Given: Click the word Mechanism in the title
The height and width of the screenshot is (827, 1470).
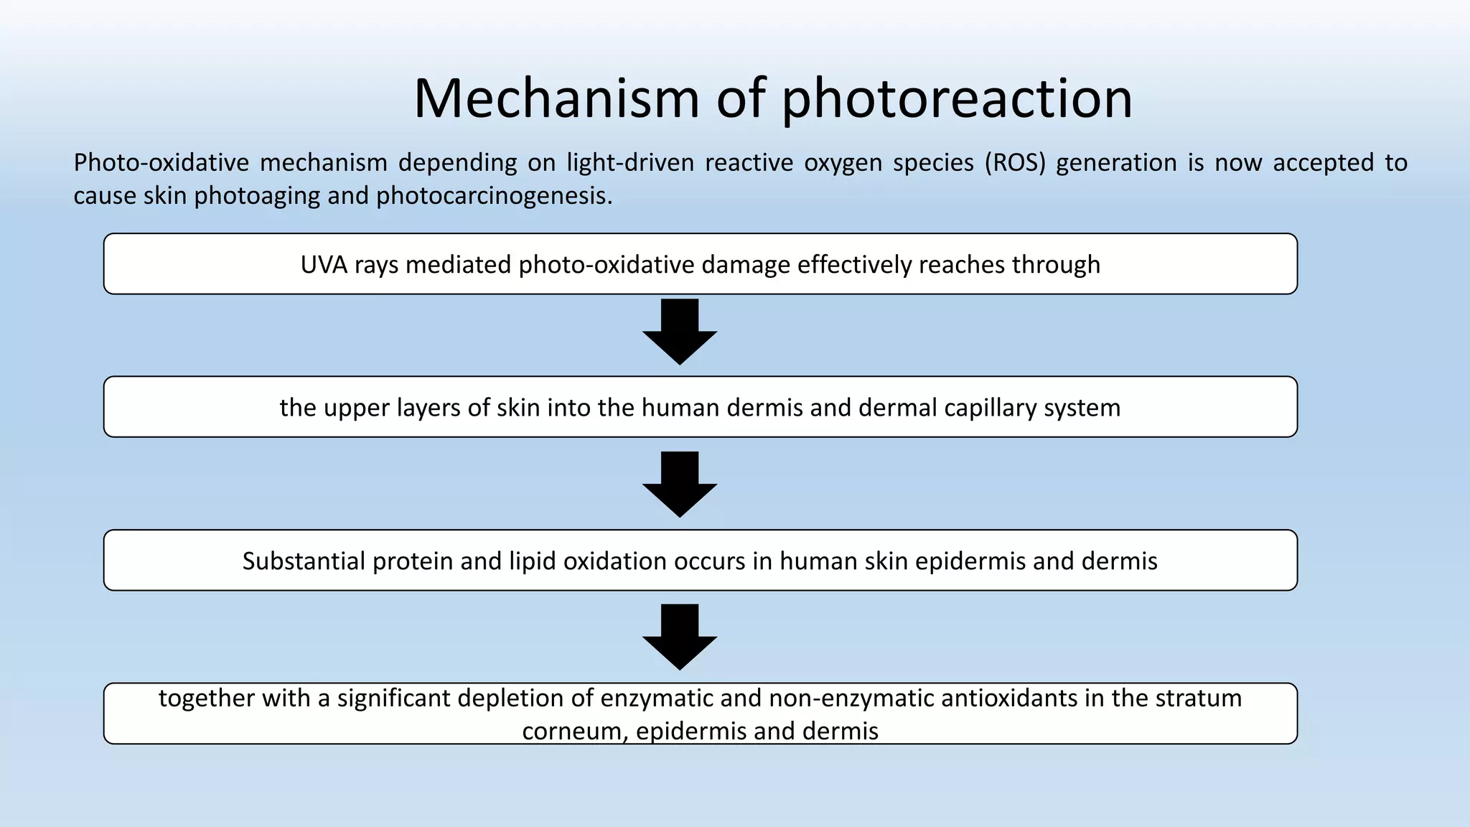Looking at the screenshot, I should coord(556,98).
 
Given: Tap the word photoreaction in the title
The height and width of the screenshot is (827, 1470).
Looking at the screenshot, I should coord(957,100).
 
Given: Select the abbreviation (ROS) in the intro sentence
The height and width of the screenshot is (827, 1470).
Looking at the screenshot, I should coord(1016,163).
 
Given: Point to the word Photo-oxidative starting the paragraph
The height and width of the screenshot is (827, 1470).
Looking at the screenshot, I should coord(161,163).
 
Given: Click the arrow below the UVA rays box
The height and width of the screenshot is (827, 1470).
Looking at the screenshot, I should coord(679,332).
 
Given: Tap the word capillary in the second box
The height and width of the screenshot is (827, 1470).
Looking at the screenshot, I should coord(990,408).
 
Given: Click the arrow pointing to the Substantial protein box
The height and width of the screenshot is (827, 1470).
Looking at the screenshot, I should coord(679,485).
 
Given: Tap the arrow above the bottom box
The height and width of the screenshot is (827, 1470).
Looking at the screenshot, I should coord(679,637).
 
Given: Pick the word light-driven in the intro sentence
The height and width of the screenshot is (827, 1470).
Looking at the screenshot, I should coord(630,163).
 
